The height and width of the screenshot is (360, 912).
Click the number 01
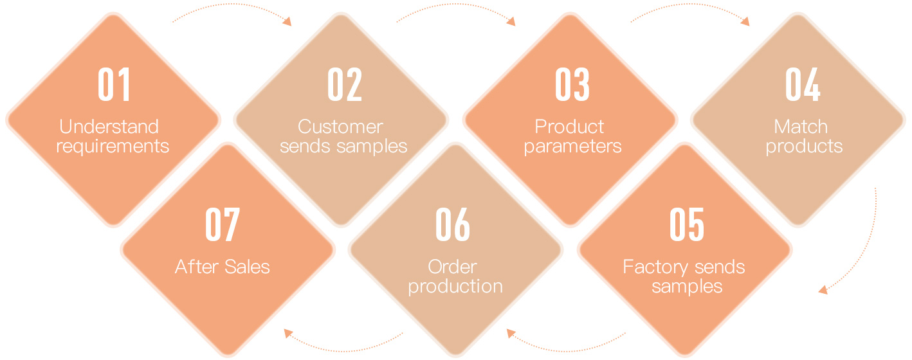pos(114,84)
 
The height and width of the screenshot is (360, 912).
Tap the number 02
pos(345,84)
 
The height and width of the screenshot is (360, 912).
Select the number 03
pos(572,84)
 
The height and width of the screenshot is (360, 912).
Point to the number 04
pos(803,84)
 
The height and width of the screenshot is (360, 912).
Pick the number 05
pos(687,224)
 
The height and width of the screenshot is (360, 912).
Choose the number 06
pos(453,224)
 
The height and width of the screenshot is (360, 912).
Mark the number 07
pos(223,224)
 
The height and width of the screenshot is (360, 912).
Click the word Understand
pos(109,127)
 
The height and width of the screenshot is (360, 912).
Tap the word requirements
pos(113,147)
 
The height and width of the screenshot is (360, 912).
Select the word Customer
pos(340,127)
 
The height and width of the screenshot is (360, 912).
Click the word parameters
pos(572,147)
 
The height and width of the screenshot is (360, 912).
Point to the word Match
pos(801,127)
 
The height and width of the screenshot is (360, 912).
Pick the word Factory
pos(655,267)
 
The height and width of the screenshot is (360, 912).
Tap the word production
pos(455,287)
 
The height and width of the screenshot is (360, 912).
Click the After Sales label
pos(223,267)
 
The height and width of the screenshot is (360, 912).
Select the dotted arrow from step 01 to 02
pos(232,4)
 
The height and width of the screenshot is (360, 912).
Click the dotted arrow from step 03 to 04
pos(690,4)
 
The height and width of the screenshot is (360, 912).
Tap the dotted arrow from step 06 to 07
pos(344,350)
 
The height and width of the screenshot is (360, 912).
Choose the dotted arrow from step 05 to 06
pos(566,350)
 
